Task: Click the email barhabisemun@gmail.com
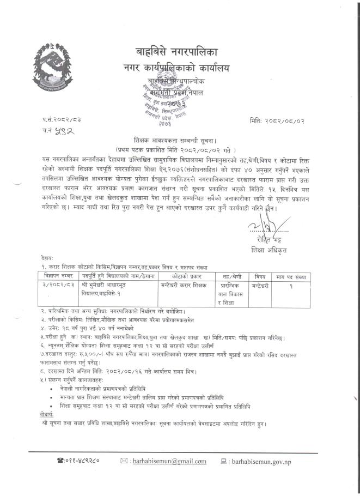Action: point(169,461)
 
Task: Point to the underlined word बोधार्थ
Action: point(48,414)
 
